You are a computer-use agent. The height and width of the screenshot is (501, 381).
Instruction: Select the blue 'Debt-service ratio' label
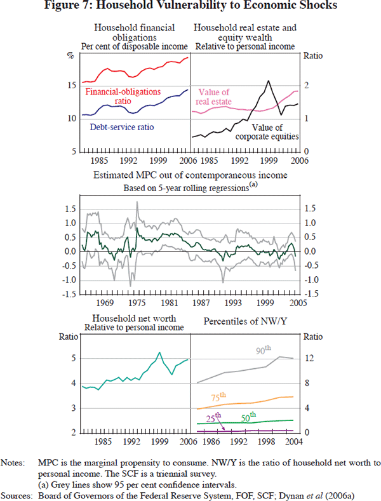121,127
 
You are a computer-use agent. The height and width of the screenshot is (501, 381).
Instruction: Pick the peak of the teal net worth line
159,352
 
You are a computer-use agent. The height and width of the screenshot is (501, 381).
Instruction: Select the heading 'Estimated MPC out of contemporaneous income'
190,175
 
